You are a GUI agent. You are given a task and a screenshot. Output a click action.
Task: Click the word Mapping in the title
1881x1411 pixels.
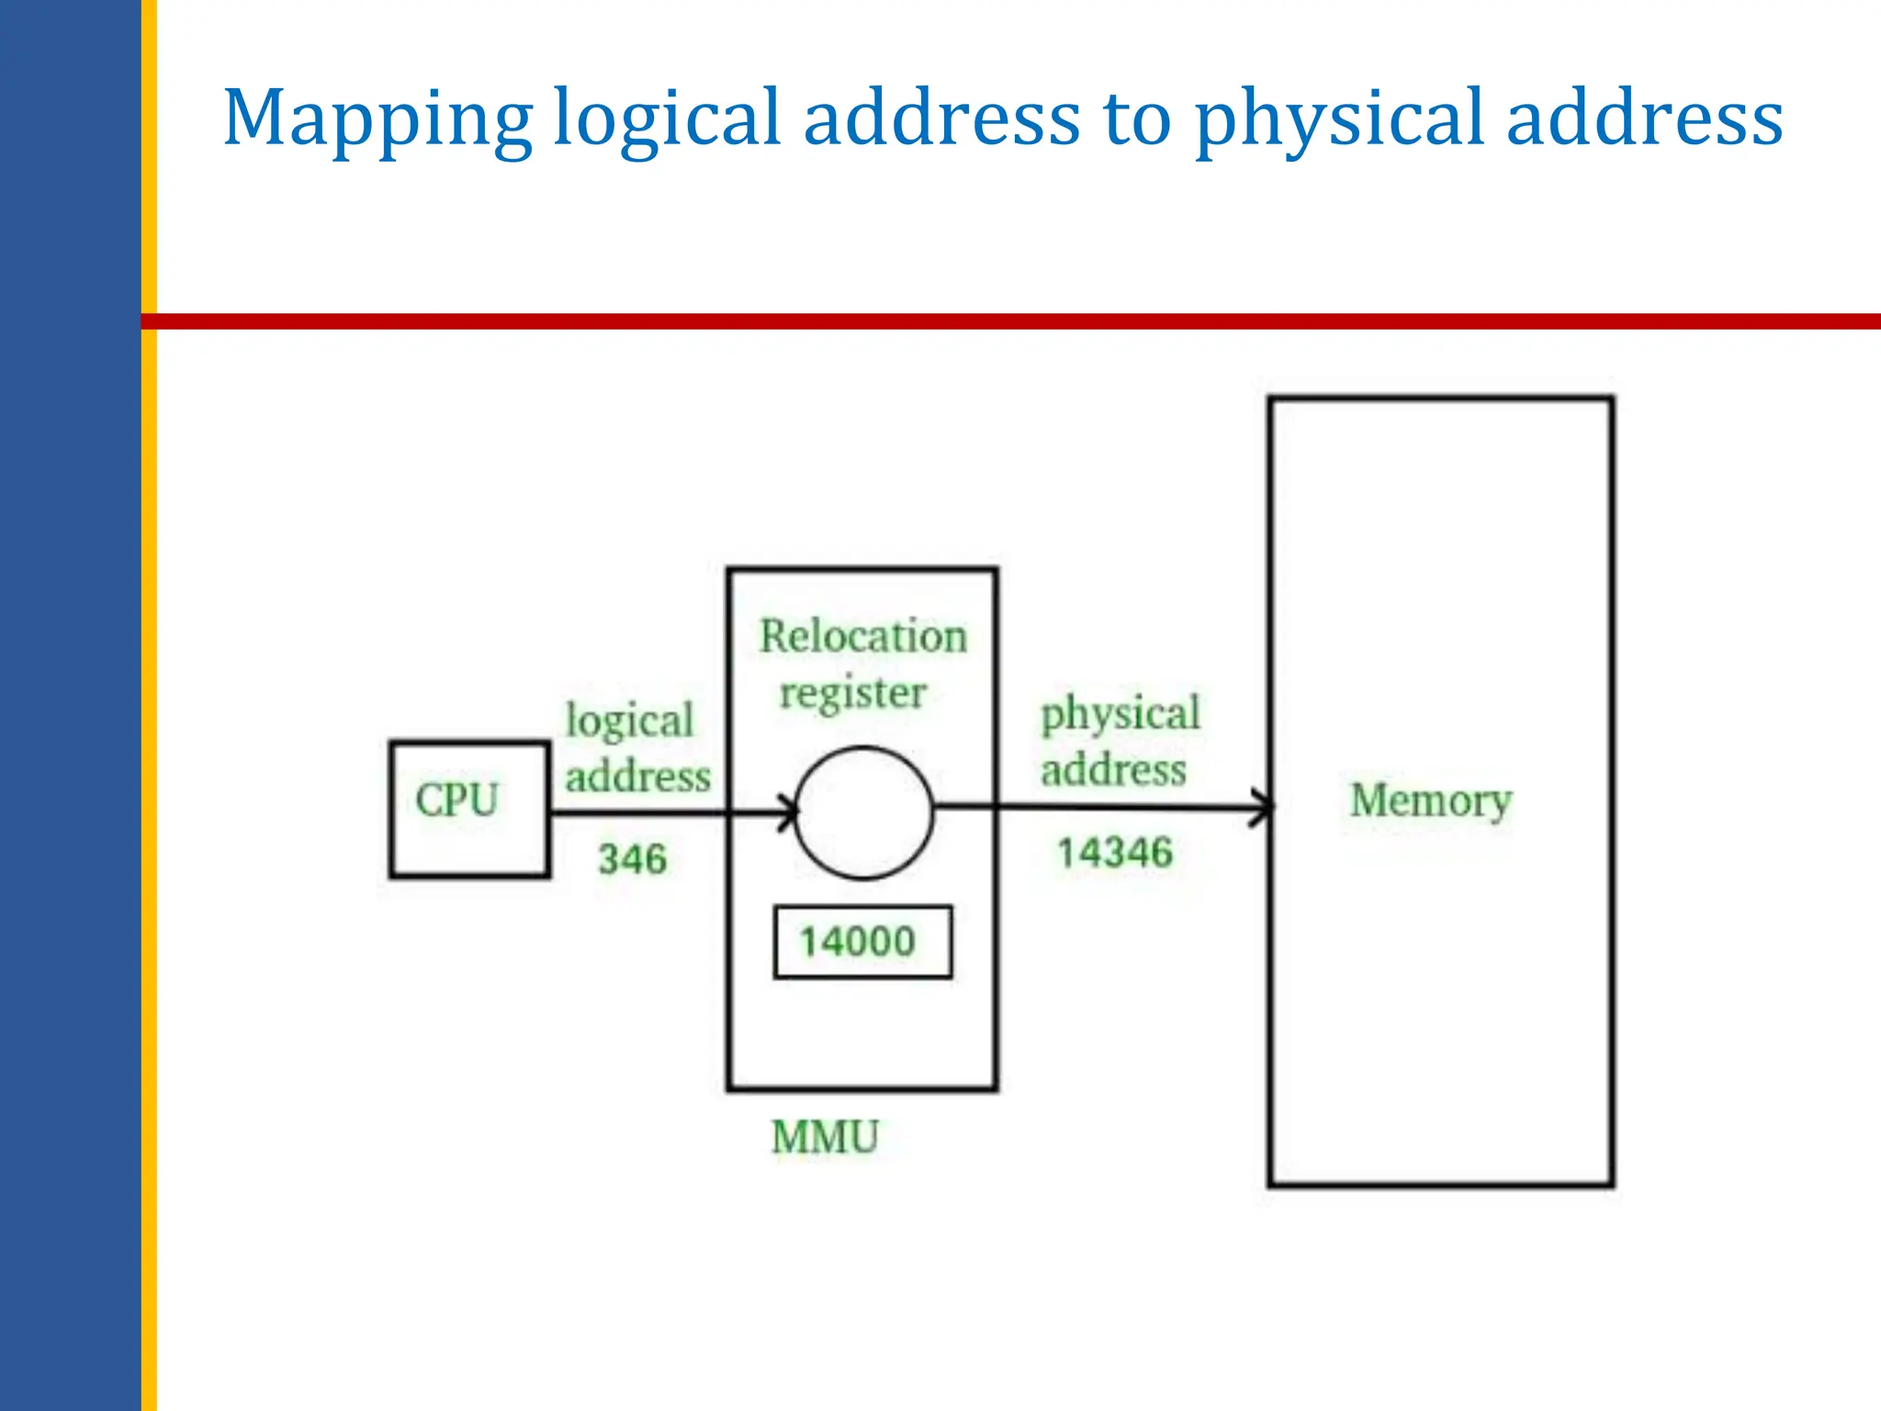point(377,119)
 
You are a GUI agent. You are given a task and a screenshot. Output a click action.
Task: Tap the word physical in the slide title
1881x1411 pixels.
point(1340,119)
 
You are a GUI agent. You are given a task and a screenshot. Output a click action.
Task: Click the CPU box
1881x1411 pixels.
point(469,808)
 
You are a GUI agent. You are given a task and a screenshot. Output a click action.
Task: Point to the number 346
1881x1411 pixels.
point(632,860)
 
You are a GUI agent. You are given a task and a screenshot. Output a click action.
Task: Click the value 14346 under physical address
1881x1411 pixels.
point(1114,852)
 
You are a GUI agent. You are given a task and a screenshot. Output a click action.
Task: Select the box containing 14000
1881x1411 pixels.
point(862,943)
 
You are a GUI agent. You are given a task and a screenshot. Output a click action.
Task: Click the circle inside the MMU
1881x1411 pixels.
point(863,812)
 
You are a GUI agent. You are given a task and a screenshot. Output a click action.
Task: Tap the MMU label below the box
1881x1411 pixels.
point(825,1137)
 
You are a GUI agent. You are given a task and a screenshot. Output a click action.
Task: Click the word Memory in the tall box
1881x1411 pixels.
point(1430,801)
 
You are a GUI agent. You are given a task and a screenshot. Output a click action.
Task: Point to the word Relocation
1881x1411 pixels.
point(862,637)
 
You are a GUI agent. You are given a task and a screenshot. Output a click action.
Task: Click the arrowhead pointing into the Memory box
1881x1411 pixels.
point(1262,807)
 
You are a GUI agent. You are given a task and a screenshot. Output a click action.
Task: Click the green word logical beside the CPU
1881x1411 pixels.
point(629,721)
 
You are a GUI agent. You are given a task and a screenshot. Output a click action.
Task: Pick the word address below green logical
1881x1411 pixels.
point(637,777)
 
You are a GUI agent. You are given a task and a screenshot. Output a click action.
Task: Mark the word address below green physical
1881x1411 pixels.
point(1113,770)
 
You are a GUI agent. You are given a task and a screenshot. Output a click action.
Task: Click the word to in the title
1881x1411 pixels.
point(1137,119)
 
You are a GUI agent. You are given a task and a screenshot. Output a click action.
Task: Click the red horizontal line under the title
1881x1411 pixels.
point(1010,322)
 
